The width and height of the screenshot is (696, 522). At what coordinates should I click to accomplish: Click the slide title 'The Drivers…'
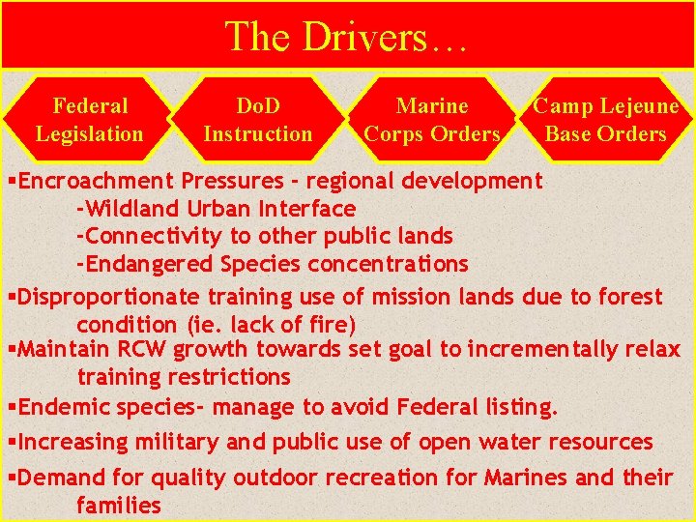(347, 37)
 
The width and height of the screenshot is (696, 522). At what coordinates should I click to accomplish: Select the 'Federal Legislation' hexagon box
(90, 120)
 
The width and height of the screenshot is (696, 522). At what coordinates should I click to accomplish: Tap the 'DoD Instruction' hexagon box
(258, 120)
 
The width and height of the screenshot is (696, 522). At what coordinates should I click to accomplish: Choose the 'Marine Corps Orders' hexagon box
(432, 120)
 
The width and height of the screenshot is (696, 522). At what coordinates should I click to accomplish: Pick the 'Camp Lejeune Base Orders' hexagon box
(606, 120)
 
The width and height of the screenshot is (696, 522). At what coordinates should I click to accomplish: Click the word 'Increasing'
(73, 443)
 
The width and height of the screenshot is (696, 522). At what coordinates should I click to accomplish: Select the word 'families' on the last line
(118, 505)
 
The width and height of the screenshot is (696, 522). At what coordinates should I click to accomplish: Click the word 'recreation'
(381, 478)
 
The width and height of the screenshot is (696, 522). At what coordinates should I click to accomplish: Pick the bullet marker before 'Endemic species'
(12, 408)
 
